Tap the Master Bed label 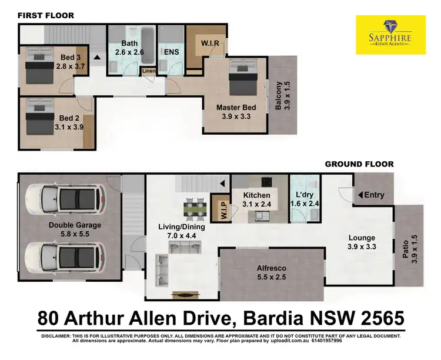[x=236, y=112]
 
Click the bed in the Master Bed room [x=243, y=78]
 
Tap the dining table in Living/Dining [x=193, y=208]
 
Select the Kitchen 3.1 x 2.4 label [x=257, y=200]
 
